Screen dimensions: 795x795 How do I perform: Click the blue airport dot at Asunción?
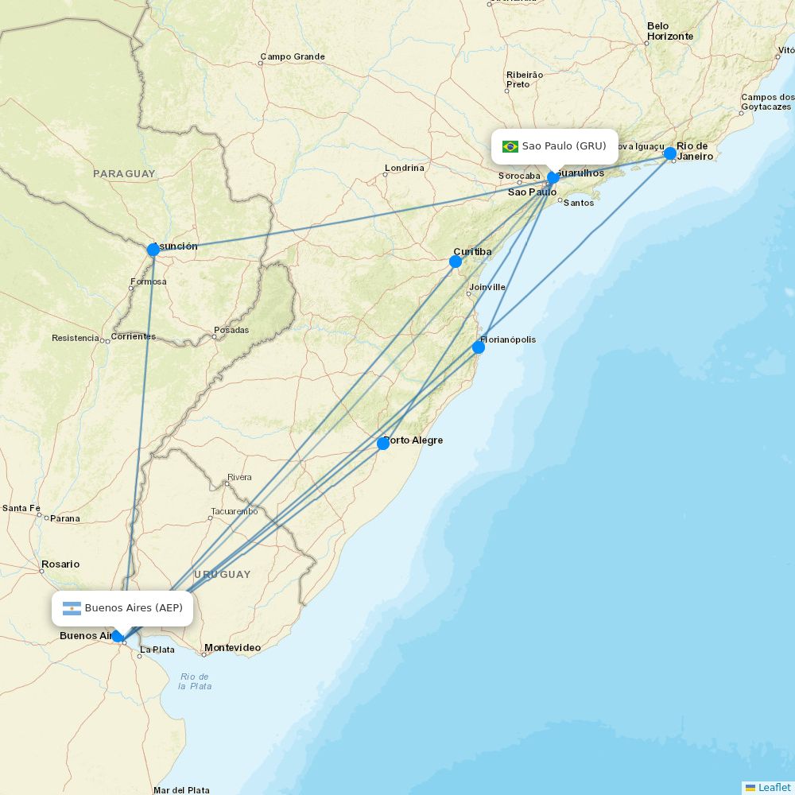153,250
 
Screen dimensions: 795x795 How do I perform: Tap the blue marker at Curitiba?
456,262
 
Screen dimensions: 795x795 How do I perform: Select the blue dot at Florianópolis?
479,347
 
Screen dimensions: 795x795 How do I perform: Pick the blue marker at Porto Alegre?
383,444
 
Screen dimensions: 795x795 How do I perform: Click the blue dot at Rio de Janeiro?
670,153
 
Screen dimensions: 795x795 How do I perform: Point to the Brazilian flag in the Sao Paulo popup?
510,146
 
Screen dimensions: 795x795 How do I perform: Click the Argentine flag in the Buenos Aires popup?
72,609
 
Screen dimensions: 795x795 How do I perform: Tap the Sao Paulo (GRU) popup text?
564,146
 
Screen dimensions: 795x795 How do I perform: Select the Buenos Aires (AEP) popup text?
134,609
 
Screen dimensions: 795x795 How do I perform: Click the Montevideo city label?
232,648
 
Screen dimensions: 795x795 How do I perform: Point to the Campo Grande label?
293,57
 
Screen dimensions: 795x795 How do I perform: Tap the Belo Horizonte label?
669,31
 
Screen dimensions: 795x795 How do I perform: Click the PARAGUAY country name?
124,173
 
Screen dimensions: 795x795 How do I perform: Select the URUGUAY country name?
222,574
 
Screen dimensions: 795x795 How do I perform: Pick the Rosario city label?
60,564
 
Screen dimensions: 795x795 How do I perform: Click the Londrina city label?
405,169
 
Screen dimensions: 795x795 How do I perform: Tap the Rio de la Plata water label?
195,681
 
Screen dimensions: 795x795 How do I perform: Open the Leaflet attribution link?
774,787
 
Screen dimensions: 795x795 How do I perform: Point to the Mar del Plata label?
181,790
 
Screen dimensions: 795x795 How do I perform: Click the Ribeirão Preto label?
525,79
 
